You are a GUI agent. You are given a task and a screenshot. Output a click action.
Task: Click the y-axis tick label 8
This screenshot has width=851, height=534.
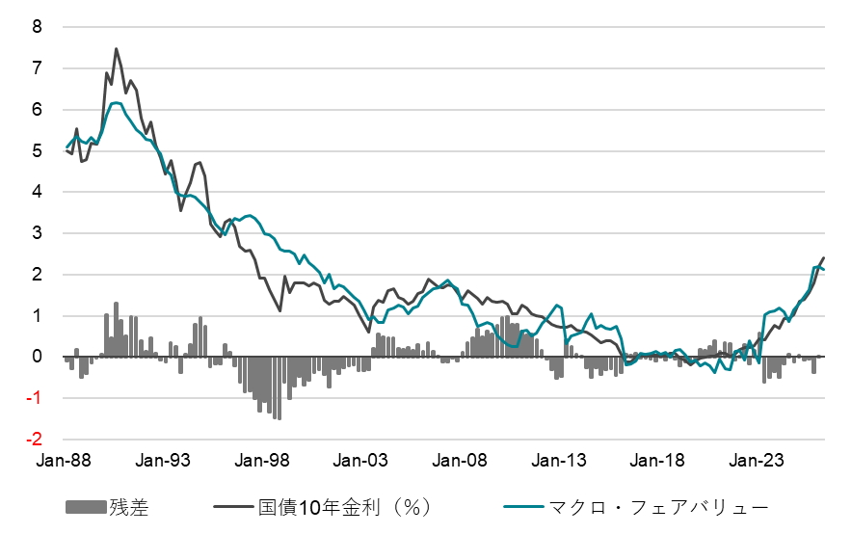coord(38,27)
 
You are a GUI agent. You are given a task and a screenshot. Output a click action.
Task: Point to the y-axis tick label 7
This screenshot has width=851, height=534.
coord(38,68)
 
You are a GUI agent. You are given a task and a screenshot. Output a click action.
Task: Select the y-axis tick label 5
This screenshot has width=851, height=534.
coord(38,151)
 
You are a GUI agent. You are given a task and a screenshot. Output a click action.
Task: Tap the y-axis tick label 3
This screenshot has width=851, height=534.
coord(38,233)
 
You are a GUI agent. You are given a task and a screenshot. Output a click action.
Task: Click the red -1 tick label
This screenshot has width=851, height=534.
coord(35,398)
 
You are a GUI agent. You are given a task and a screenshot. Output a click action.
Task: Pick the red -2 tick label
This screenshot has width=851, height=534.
coord(35,440)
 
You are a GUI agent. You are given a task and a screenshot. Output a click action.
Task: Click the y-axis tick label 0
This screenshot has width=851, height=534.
coord(38,357)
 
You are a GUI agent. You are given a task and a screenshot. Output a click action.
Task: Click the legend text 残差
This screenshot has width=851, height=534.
coord(129,507)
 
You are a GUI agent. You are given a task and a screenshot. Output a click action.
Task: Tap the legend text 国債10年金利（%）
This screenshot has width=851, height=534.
coord(343,507)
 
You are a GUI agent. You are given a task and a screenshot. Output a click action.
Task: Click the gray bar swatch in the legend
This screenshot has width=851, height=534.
coord(86,507)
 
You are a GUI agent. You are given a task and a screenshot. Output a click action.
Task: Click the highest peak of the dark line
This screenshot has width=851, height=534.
coord(117,49)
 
